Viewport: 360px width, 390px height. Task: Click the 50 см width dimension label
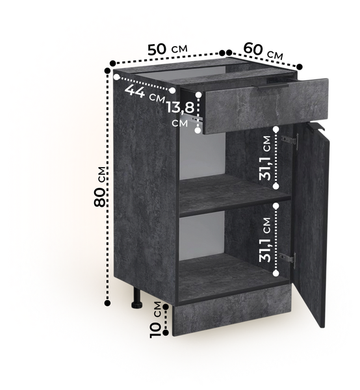[167, 49]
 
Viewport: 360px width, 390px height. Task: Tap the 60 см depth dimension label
[263, 51]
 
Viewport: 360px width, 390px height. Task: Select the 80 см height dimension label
[100, 187]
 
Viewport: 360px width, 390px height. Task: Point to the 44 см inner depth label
[145, 94]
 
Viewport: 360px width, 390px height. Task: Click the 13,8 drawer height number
[180, 108]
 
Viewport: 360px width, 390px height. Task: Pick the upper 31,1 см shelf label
[264, 158]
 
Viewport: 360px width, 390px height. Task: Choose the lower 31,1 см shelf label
[264, 240]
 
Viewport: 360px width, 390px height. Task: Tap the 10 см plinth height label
[156, 319]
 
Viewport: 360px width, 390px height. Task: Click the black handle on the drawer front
[273, 86]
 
